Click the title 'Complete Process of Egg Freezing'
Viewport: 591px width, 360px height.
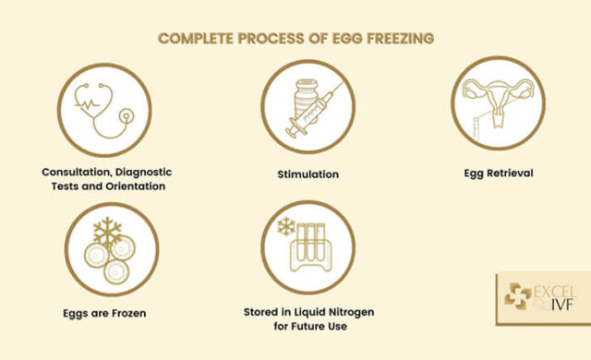295,39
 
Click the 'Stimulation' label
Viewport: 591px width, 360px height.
308,174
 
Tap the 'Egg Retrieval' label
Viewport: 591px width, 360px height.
499,173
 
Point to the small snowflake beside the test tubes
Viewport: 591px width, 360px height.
285,226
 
